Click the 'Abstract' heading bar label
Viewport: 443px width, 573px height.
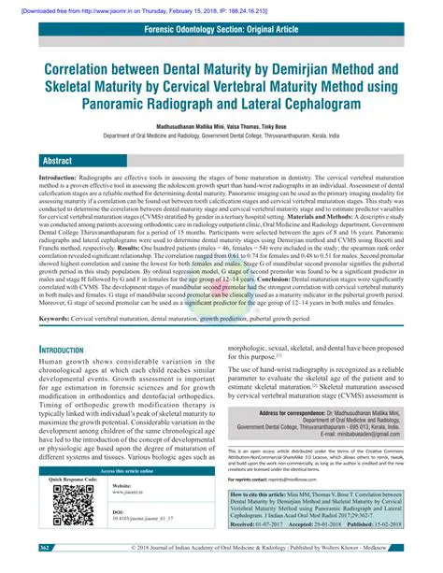59,186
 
